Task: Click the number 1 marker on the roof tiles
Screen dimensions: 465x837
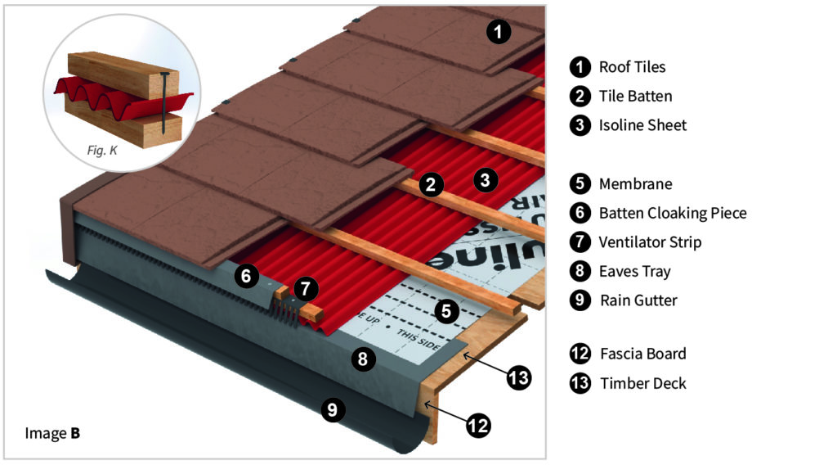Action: point(499,32)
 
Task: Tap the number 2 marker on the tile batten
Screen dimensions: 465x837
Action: point(431,185)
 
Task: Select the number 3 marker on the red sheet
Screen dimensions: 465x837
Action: point(486,180)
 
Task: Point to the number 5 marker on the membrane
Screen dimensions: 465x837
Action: point(445,310)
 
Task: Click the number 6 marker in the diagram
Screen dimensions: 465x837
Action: point(246,276)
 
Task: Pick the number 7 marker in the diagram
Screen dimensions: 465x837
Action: point(305,288)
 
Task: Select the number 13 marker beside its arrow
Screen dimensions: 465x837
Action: point(518,377)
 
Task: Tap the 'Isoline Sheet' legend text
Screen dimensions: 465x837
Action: point(642,125)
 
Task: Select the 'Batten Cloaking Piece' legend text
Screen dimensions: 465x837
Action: point(673,213)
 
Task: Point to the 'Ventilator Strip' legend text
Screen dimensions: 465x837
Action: point(650,242)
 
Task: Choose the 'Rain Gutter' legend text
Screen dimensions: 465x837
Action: point(638,300)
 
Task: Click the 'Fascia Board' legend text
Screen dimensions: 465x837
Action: point(642,354)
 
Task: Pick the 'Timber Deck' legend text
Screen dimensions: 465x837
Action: point(643,383)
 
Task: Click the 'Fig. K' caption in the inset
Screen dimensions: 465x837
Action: point(102,150)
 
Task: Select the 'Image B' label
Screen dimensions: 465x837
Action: point(52,432)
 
